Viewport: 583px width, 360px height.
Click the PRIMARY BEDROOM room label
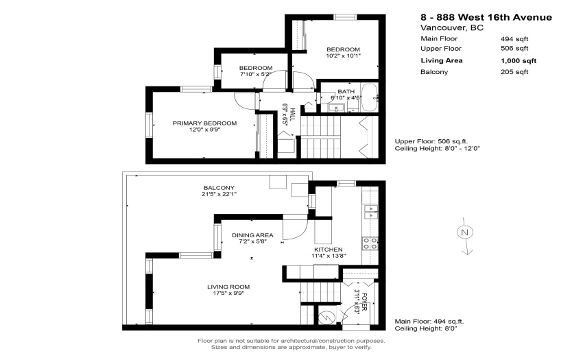click(x=204, y=123)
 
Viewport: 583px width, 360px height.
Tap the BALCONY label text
click(x=219, y=188)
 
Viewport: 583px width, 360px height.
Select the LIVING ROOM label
click(x=228, y=287)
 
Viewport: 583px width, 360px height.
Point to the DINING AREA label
click(x=252, y=235)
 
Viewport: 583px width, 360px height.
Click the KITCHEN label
click(x=329, y=250)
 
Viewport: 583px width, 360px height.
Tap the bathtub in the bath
click(x=370, y=97)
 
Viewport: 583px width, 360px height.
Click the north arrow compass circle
click(x=464, y=232)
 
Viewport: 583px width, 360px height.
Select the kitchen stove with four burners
click(x=370, y=243)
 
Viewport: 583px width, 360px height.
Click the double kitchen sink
click(x=370, y=212)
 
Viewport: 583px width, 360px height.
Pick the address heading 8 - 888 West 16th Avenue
click(x=486, y=17)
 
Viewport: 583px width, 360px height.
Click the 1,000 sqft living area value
click(x=519, y=60)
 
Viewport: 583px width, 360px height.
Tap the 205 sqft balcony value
click(x=514, y=72)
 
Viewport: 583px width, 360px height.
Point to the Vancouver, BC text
click(x=452, y=27)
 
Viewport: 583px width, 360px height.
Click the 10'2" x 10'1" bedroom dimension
click(x=343, y=56)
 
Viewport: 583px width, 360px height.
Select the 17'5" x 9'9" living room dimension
click(x=228, y=293)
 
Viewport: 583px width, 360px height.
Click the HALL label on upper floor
click(x=292, y=115)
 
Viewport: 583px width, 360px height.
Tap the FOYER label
click(x=364, y=302)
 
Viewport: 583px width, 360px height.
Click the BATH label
click(x=346, y=91)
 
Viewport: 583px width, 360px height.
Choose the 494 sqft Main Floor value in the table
click(x=514, y=38)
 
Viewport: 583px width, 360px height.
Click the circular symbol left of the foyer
click(x=326, y=317)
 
